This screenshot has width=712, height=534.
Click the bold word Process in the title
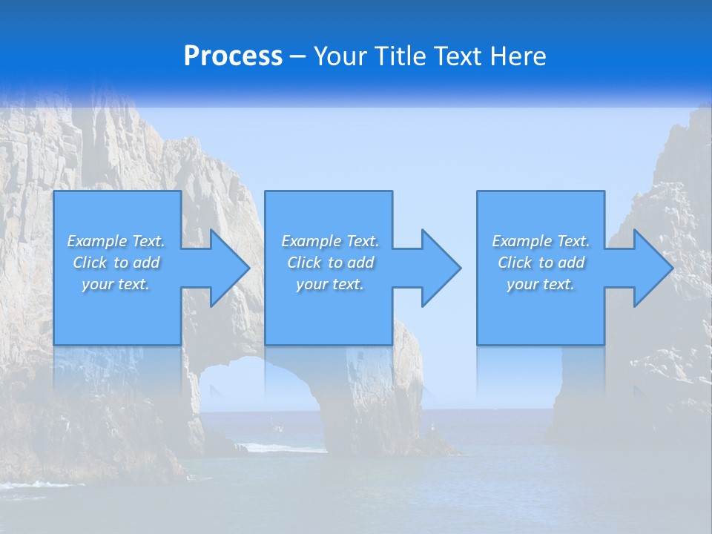[233, 56]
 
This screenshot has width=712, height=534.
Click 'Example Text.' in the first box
[116, 241]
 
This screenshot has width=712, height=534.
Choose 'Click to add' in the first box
[116, 263]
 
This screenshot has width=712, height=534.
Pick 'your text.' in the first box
[116, 284]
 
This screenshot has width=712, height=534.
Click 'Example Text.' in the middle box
[330, 241]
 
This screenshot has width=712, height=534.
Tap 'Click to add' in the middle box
[330, 263]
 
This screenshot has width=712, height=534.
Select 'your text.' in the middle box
[330, 284]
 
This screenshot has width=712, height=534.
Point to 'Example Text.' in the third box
[541, 241]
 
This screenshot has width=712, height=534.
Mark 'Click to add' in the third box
[541, 263]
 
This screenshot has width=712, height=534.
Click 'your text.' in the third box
[541, 284]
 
